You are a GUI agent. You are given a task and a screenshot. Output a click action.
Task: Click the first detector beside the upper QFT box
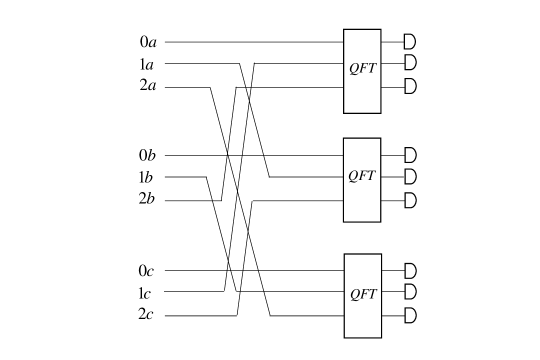(x=410, y=41)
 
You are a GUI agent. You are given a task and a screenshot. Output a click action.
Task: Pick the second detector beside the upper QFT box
(x=410, y=62)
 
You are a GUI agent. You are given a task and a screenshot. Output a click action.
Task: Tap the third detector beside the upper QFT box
(x=410, y=86)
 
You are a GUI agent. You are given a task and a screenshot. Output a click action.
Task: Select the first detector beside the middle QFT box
(x=410, y=155)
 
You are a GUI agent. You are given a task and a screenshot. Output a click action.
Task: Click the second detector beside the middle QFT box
(x=410, y=176)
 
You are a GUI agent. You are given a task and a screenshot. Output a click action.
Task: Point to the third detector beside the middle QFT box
(x=410, y=200)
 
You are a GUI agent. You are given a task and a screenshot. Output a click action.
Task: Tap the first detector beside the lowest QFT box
(x=410, y=271)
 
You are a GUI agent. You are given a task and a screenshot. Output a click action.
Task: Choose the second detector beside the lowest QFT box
(x=410, y=291)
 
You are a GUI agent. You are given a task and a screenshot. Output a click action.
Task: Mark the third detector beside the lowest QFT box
(x=410, y=316)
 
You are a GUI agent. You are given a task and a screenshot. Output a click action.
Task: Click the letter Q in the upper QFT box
(x=353, y=69)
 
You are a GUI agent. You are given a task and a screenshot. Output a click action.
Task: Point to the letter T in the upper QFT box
(x=372, y=68)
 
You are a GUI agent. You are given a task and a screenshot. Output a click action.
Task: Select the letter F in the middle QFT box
(x=362, y=176)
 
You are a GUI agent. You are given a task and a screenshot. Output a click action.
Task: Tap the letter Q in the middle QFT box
(x=353, y=177)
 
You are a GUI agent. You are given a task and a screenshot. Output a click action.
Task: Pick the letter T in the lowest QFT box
(x=373, y=294)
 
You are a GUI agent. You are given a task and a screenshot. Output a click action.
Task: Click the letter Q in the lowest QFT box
(x=354, y=295)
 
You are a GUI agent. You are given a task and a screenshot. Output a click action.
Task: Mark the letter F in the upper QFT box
(x=362, y=68)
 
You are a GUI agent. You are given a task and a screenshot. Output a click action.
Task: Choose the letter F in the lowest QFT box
(x=363, y=294)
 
